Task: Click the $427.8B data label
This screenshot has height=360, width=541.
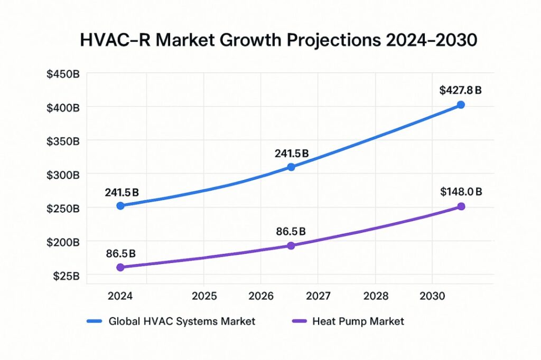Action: click(460, 90)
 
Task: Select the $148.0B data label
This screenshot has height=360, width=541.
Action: click(461, 192)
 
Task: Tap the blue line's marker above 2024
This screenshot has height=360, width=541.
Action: click(120, 205)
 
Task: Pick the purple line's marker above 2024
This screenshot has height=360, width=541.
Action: click(120, 267)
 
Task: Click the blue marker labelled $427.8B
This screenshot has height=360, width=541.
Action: click(461, 105)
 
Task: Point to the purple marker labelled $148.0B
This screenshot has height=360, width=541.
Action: click(461, 206)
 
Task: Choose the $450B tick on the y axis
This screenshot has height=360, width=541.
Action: click(63, 74)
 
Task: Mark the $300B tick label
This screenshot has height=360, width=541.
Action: click(63, 175)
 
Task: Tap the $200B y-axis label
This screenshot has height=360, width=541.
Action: click(63, 242)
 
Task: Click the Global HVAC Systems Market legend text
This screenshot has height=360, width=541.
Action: click(182, 321)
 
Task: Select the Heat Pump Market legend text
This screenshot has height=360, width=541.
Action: click(358, 321)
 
